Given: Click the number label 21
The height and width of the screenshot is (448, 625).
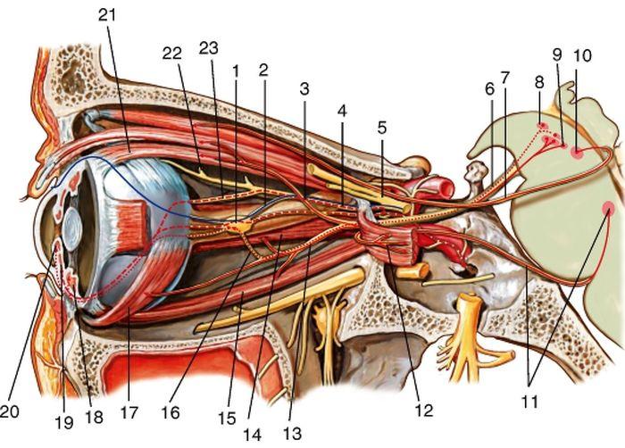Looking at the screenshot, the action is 107,15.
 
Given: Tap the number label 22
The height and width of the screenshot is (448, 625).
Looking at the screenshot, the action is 171,53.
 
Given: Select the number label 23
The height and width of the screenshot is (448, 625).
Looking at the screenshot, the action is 209,48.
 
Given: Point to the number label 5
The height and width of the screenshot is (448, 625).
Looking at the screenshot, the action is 382,128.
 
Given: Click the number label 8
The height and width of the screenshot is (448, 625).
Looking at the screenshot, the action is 539,83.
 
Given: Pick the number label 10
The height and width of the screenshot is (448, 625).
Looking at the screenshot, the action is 582,55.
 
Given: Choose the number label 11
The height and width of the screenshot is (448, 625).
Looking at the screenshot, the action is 529,402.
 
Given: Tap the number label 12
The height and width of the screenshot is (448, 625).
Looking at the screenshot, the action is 424,410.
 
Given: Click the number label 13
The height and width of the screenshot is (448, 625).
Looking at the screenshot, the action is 292,433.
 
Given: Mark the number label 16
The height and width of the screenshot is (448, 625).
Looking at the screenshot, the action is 171,412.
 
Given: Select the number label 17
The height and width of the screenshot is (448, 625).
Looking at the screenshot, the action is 129,412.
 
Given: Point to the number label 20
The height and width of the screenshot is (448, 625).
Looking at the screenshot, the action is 10,411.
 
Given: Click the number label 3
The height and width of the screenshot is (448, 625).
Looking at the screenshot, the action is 304,89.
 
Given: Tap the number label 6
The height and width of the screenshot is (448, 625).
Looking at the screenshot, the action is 489,89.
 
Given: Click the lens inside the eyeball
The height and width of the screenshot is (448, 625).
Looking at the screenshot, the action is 71,229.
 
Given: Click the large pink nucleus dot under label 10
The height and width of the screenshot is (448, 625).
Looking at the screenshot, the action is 577,153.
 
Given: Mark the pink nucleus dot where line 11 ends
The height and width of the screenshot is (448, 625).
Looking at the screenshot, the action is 608,208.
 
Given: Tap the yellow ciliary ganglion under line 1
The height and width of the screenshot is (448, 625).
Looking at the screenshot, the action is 240,228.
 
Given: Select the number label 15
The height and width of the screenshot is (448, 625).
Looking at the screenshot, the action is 227,419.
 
